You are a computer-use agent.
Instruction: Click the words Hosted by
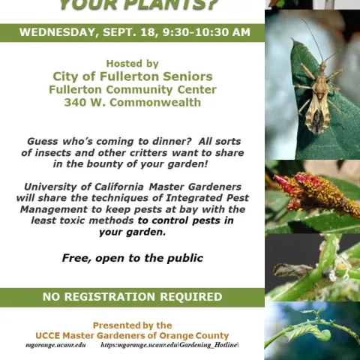tap(132, 64)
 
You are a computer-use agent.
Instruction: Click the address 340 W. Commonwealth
tap(132, 102)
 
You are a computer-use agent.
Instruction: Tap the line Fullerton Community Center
tap(132, 89)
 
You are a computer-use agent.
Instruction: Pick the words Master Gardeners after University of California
tap(195, 186)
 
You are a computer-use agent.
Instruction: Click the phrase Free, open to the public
tap(132, 258)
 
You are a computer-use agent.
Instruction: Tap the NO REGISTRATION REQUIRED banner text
tap(132, 297)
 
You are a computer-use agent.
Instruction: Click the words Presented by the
tap(132, 325)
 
